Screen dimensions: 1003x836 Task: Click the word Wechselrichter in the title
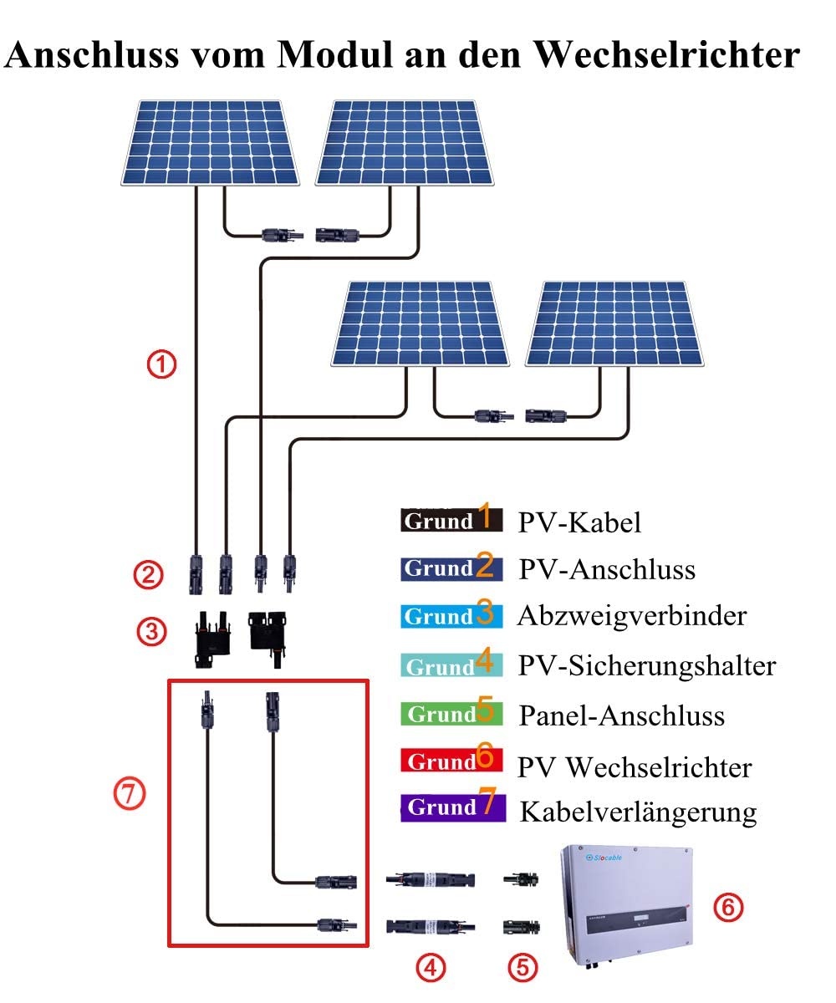click(x=666, y=55)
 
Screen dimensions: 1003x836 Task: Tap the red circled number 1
click(x=161, y=364)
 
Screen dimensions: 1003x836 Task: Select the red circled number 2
click(x=148, y=574)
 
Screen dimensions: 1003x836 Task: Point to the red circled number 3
click(x=151, y=631)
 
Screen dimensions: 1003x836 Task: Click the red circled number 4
click(x=431, y=969)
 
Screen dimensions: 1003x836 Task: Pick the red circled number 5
click(x=522, y=969)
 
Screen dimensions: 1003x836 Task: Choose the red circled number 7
click(x=130, y=795)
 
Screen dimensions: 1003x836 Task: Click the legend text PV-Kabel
click(x=579, y=523)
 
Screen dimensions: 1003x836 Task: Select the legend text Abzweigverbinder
click(x=631, y=616)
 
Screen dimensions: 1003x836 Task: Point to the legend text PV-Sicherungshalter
click(x=647, y=666)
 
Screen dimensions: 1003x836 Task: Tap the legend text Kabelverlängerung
click(x=638, y=812)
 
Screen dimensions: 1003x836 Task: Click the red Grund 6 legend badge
click(x=451, y=761)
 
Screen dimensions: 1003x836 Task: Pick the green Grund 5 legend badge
click(x=451, y=714)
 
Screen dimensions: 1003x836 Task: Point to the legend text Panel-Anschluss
click(x=621, y=716)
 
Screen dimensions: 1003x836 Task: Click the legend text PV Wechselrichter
click(x=635, y=767)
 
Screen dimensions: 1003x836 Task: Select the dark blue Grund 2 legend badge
click(x=451, y=568)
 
